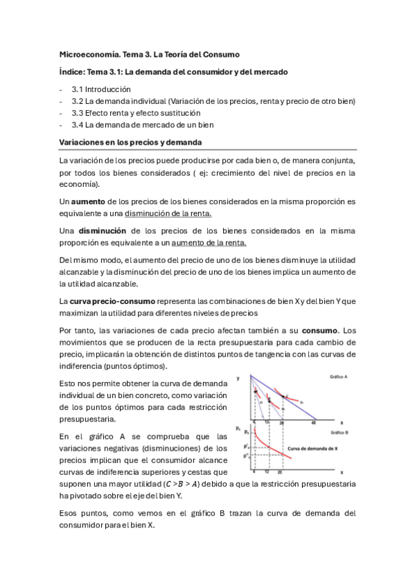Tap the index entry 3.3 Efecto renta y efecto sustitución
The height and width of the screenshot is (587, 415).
pos(136,113)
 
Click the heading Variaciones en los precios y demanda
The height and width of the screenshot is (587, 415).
pos(130,143)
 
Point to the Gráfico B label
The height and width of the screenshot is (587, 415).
pos(338,431)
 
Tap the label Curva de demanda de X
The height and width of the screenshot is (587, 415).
pos(312,448)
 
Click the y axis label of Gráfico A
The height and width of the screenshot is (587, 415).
pos(238,379)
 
